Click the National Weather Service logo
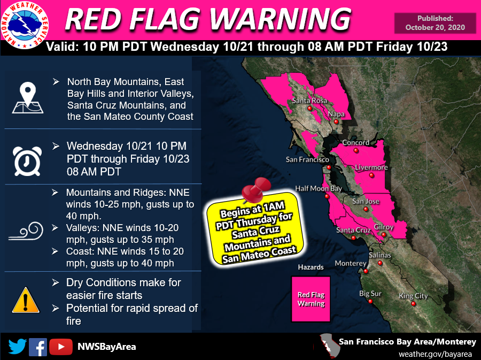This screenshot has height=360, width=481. point(25,25)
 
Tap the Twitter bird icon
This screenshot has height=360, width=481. point(18,347)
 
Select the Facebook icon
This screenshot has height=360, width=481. point(38,347)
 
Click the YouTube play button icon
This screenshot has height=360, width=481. point(61,347)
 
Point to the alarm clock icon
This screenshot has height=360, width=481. point(27,161)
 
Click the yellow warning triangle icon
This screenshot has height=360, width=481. point(26,300)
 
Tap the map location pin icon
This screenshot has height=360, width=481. point(28,97)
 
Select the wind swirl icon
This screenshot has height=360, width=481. point(26,231)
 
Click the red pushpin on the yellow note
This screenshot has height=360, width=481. point(256,190)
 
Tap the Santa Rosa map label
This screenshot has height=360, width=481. point(309,101)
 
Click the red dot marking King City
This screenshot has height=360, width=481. point(413,304)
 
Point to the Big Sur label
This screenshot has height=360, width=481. point(370,294)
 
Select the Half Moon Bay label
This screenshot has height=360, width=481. point(319,188)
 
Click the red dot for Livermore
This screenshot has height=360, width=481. point(371,175)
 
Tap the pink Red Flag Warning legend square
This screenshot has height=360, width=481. point(311,299)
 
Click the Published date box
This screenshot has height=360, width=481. point(435,23)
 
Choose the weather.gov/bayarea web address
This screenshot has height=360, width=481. point(435,354)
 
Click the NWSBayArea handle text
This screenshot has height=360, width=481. point(107,347)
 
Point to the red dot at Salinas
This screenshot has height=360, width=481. point(380,263)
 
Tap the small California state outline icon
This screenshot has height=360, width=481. point(327,345)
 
